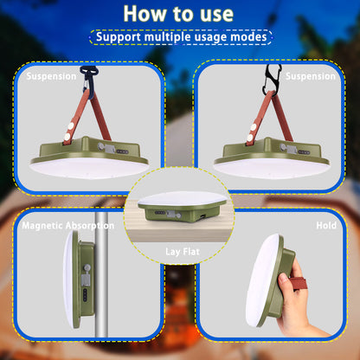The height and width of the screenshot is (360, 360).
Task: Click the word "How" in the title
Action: click(x=145, y=14)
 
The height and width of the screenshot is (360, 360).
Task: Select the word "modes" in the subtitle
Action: click(x=246, y=37)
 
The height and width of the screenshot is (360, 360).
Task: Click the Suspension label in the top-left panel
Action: click(x=51, y=76)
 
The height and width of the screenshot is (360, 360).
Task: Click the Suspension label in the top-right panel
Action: click(x=309, y=76)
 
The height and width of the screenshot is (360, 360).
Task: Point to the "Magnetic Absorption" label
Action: click(x=67, y=225)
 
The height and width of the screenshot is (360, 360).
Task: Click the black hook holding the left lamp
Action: click(x=87, y=77)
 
